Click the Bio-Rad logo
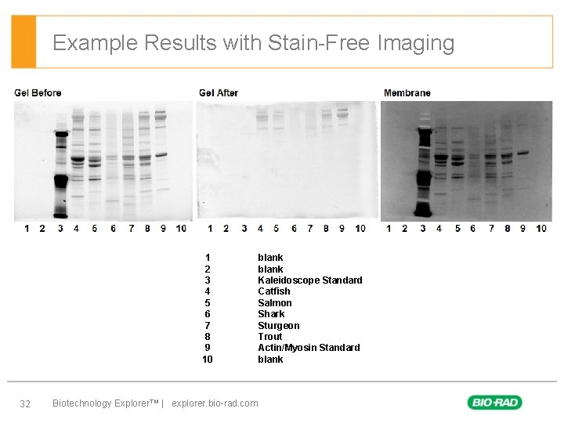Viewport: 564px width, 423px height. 494,403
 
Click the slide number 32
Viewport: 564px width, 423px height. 25,403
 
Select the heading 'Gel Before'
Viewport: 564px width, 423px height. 38,93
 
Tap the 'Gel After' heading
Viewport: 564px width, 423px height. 219,93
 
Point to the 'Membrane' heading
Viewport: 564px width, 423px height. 407,93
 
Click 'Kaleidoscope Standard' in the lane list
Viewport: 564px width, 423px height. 310,280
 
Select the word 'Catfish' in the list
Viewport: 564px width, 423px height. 274,291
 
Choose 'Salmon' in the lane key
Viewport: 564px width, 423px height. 275,303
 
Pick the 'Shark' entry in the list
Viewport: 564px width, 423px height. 271,314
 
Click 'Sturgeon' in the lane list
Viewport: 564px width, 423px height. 279,326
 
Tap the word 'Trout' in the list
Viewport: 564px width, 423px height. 270,337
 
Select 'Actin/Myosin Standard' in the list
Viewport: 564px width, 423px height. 309,348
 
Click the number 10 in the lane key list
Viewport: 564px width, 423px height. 208,360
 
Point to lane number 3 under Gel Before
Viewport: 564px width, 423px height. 60,229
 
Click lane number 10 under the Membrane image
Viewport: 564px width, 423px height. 541,229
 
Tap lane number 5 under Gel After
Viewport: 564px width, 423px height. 277,229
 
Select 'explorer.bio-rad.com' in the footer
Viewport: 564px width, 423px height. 215,403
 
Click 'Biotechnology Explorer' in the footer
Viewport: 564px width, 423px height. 103,403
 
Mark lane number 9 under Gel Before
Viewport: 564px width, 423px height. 163,229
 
